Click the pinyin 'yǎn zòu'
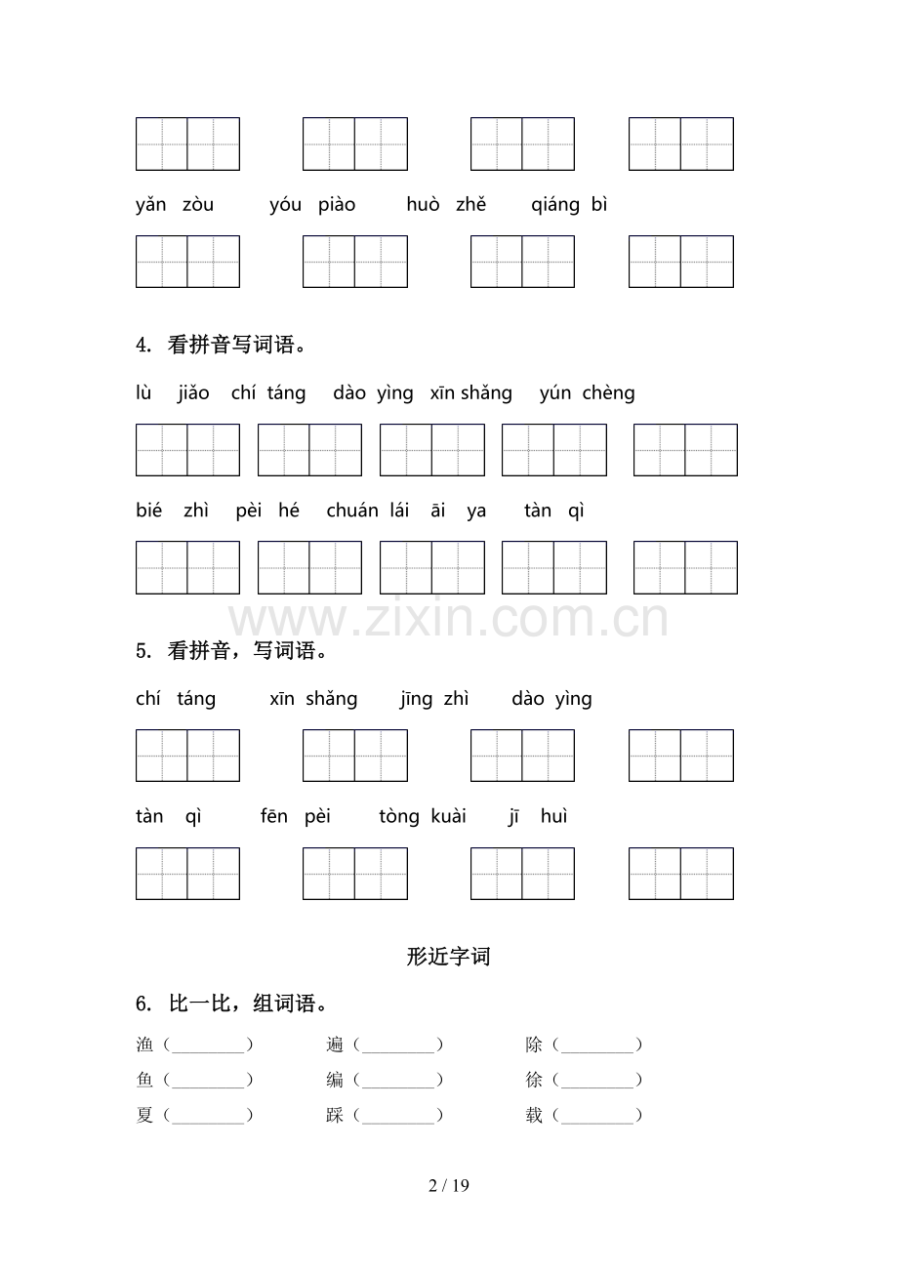175,205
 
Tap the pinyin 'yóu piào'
312,205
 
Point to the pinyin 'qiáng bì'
569,205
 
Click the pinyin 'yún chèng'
587,393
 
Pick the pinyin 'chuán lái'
368,511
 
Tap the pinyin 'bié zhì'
172,511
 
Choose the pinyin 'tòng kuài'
423,816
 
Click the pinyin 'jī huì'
537,816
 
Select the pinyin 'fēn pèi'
296,816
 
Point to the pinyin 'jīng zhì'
434,699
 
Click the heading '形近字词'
448,957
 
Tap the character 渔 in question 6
145,1045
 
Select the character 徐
534,1081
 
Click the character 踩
335,1116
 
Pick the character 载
534,1116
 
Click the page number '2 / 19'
449,1186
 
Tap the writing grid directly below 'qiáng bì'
680,262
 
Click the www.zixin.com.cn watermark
449,620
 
